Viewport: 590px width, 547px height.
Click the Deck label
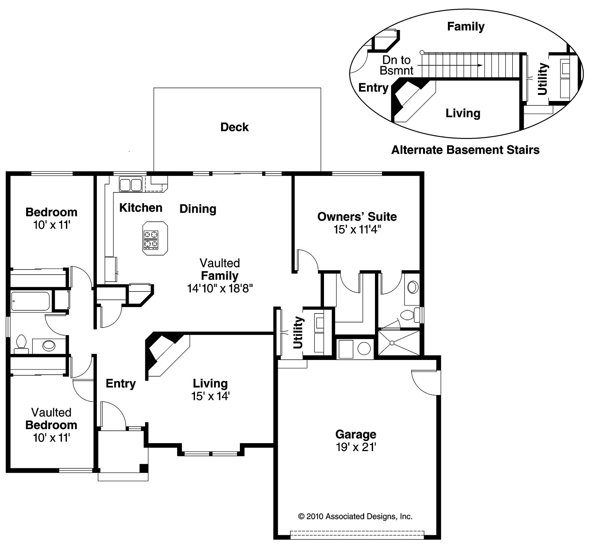[x=234, y=127]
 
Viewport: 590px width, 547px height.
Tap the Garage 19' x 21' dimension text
[x=356, y=447]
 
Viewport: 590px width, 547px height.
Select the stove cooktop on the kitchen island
[x=151, y=239]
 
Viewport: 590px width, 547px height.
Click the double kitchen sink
[x=131, y=184]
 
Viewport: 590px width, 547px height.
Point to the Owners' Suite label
[x=357, y=217]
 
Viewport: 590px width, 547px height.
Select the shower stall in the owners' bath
[x=398, y=343]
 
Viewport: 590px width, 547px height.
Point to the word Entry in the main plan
[x=120, y=383]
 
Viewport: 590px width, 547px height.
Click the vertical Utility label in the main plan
[x=298, y=332]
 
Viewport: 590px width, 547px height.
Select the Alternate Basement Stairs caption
[x=465, y=150]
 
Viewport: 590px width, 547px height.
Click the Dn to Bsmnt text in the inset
[x=397, y=65]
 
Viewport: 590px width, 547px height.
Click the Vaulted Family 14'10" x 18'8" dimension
[x=220, y=289]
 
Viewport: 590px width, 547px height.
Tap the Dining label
[x=198, y=209]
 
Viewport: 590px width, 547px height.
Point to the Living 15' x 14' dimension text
[x=210, y=396]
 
